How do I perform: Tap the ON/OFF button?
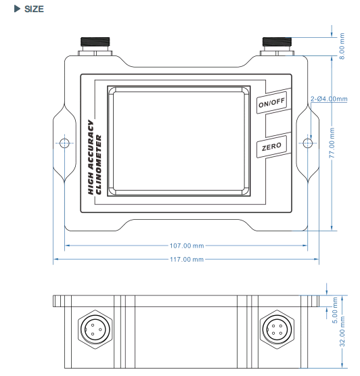point(273,105)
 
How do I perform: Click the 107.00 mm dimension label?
point(187,247)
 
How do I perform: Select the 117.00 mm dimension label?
point(187,258)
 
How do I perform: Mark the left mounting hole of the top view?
point(65,143)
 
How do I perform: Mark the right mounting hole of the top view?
point(308,143)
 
